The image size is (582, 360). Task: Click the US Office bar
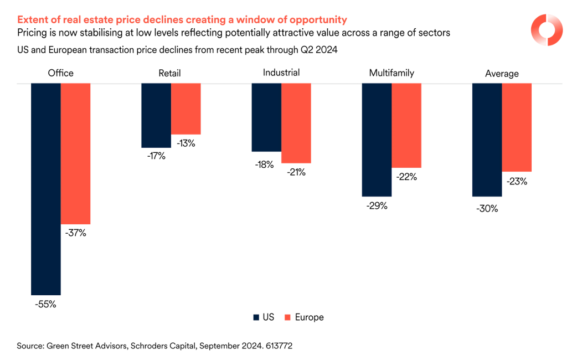pyautogui.click(x=46, y=188)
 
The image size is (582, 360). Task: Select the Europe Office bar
pyautogui.click(x=75, y=153)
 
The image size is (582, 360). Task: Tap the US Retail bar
pyautogui.click(x=156, y=115)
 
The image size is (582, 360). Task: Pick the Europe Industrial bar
pyautogui.click(x=296, y=123)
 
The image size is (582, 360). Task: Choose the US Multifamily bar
pyautogui.click(x=377, y=140)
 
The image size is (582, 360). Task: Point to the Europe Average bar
pyautogui.click(x=517, y=127)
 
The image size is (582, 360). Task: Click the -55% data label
pyautogui.click(x=45, y=304)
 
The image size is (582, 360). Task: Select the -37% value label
pyautogui.click(x=75, y=233)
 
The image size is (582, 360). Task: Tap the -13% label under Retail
pyautogui.click(x=186, y=143)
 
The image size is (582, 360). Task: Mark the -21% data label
pyautogui.click(x=296, y=172)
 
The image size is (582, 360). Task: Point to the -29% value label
pyautogui.click(x=377, y=206)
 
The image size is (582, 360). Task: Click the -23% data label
pyautogui.click(x=517, y=181)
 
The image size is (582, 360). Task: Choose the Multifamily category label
pyautogui.click(x=392, y=73)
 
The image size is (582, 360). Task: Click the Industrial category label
pyautogui.click(x=281, y=73)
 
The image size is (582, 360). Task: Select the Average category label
pyautogui.click(x=502, y=73)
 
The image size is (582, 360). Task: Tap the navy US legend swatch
pyautogui.click(x=256, y=317)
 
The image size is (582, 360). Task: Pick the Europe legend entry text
pyautogui.click(x=309, y=317)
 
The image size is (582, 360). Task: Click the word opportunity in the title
pyautogui.click(x=318, y=20)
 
